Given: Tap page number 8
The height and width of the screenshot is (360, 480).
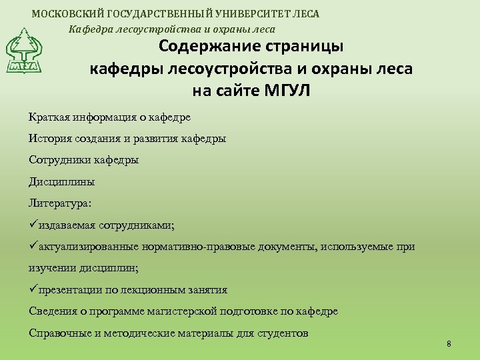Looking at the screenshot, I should (x=449, y=344).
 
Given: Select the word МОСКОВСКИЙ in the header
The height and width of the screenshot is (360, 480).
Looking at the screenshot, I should (x=64, y=13).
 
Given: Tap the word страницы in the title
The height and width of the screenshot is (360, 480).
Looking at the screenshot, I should (x=304, y=47).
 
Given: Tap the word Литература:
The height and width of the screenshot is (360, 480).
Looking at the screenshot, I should (x=61, y=203).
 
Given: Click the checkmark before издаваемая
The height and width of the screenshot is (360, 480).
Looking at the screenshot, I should (x=33, y=225).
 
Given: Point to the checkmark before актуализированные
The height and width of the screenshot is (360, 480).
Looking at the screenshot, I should (x=33, y=246).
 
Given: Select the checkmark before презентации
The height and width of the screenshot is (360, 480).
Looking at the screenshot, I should (x=33, y=289).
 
